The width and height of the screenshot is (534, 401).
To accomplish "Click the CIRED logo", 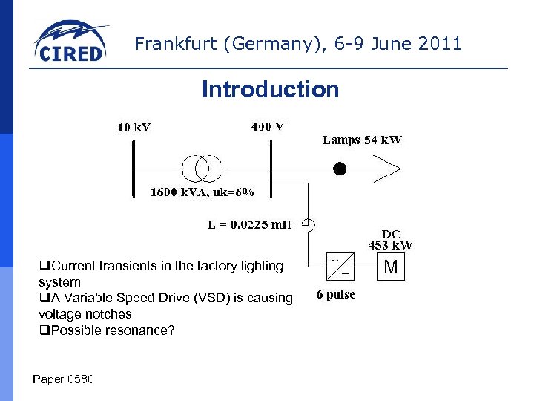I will (x=70, y=43).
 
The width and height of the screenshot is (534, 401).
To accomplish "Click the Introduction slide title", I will (x=270, y=90).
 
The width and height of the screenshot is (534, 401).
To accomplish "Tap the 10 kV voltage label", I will (x=133, y=127).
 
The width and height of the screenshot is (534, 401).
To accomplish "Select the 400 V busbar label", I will (x=267, y=125).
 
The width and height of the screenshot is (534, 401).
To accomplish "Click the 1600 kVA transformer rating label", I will (x=202, y=192).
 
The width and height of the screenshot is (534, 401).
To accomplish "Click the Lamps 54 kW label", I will (x=362, y=140).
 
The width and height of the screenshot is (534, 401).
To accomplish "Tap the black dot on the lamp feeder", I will (x=339, y=169).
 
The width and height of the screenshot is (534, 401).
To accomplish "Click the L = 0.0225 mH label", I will (x=249, y=224).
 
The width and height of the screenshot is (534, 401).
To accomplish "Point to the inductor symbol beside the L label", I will (x=310, y=224).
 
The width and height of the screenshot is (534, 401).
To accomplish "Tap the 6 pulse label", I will (x=336, y=295).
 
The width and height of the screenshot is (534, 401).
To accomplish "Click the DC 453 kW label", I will (x=391, y=239).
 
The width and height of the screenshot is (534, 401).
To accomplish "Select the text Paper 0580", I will (x=64, y=379).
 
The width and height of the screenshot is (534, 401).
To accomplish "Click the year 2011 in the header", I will (x=440, y=44).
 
